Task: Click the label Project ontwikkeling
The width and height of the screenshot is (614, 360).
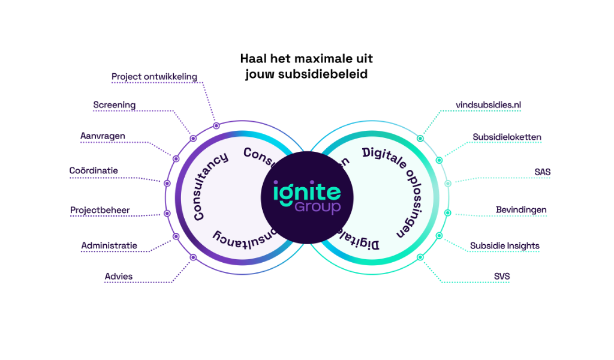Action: click(x=154, y=77)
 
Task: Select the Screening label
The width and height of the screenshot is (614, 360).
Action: click(x=114, y=105)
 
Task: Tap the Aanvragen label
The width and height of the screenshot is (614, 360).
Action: click(x=103, y=136)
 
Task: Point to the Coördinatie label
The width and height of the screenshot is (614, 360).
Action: click(x=94, y=171)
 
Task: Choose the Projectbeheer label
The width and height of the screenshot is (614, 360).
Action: click(x=100, y=210)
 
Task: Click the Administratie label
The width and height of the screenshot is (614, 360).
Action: click(x=109, y=245)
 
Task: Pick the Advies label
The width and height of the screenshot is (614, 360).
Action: click(x=119, y=277)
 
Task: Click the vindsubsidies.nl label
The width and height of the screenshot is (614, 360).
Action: click(x=488, y=105)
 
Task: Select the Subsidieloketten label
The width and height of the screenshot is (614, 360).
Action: click(x=507, y=137)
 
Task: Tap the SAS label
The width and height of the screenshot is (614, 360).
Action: click(x=543, y=172)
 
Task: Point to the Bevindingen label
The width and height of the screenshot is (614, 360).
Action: click(x=520, y=209)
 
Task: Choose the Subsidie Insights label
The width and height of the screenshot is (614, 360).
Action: click(x=504, y=245)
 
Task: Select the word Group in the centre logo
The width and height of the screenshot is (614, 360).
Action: click(x=317, y=208)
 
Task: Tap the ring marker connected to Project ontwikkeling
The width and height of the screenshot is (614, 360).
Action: click(x=216, y=126)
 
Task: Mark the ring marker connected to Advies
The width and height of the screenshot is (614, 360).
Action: click(x=193, y=257)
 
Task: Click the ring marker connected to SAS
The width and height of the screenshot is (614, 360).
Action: click(x=447, y=184)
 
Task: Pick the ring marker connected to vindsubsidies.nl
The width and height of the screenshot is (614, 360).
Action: click(x=420, y=139)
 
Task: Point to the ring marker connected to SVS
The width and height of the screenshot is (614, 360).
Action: click(x=420, y=257)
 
